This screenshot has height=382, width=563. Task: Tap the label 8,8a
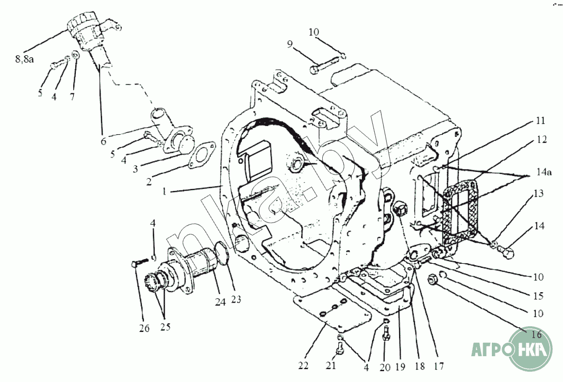pyautogui.click(x=24, y=60)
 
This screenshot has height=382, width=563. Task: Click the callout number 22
pyautogui.click(x=303, y=366)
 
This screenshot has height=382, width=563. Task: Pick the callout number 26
pyautogui.click(x=144, y=328)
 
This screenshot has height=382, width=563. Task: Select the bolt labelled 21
pyautogui.click(x=339, y=349)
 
